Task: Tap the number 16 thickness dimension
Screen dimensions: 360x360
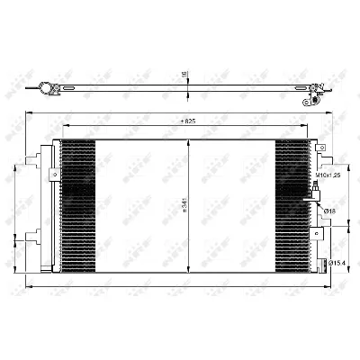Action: click(184, 76)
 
